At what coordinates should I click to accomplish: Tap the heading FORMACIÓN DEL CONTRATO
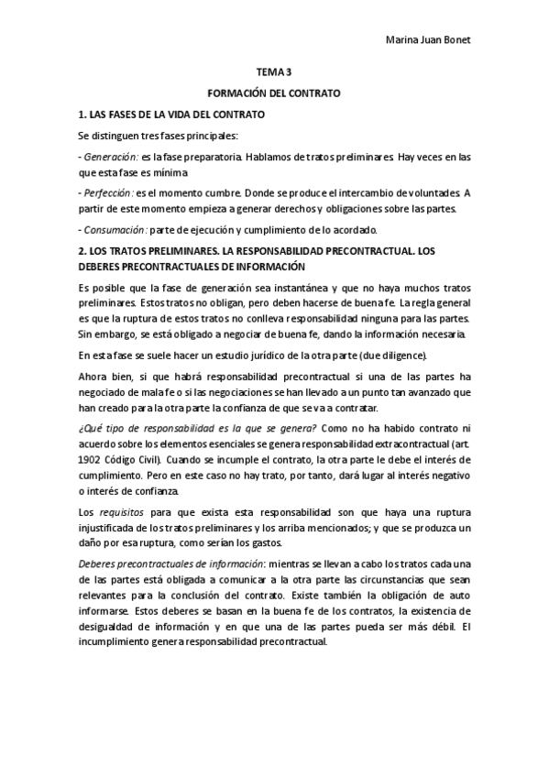pos(274,93)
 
